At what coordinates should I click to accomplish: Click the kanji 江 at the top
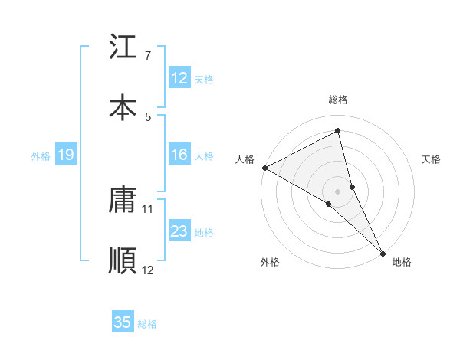(x=123, y=47)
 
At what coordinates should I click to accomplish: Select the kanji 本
(x=123, y=107)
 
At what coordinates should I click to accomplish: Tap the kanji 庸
(x=123, y=201)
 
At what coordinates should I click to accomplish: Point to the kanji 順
(x=123, y=260)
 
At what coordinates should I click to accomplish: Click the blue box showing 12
(x=179, y=78)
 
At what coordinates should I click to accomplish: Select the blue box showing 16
(x=179, y=155)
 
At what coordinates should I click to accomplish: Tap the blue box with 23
(x=179, y=232)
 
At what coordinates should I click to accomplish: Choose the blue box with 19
(x=66, y=155)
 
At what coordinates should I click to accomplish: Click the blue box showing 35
(x=123, y=322)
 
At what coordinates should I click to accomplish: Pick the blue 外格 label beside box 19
(x=41, y=156)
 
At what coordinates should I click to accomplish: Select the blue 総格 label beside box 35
(x=147, y=323)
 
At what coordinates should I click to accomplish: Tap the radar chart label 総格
(x=338, y=100)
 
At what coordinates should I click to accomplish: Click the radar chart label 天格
(x=431, y=159)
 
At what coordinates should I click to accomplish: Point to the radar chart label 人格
(x=245, y=159)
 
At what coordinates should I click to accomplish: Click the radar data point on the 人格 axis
(x=264, y=168)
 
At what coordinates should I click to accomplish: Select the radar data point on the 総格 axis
(x=338, y=129)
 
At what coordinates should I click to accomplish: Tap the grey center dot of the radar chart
(x=338, y=191)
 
